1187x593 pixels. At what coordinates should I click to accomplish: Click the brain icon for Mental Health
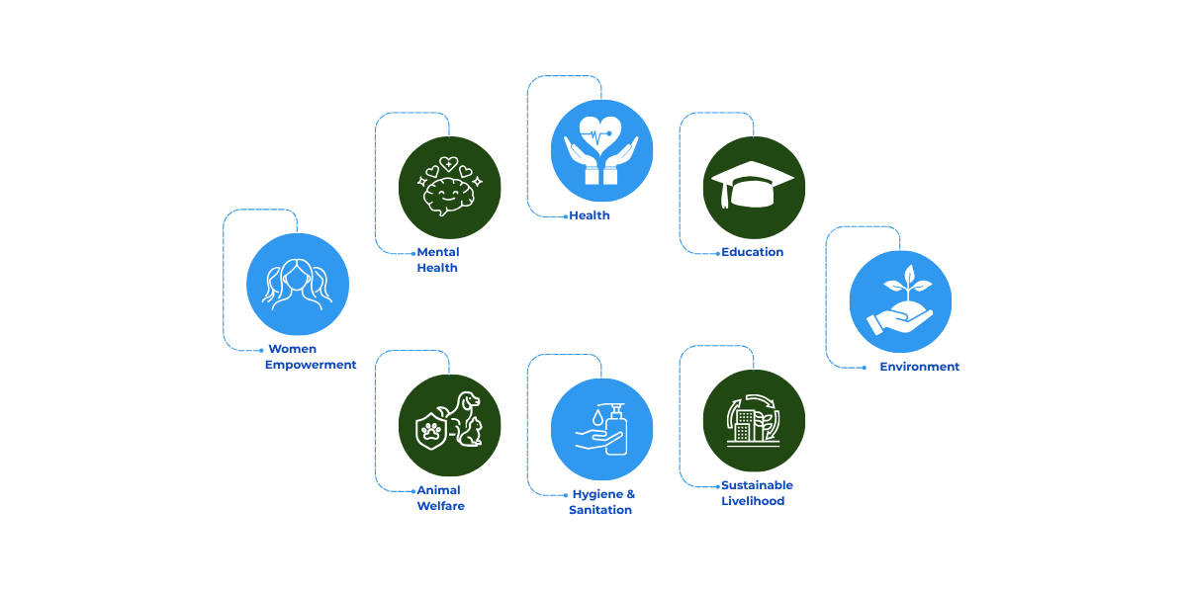(x=450, y=187)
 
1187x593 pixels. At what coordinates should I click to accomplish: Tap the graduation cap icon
(x=754, y=186)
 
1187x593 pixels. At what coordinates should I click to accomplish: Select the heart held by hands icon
(x=601, y=150)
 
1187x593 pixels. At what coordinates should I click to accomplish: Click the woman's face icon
(x=297, y=284)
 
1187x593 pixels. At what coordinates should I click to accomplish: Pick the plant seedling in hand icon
(x=900, y=300)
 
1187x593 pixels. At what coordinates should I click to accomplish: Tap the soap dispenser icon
(x=601, y=429)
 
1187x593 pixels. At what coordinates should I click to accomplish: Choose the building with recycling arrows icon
(x=754, y=420)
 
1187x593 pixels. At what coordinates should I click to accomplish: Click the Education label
(x=752, y=252)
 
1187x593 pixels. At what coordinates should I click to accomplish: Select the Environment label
(x=919, y=367)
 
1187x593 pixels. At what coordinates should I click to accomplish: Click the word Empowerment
(x=311, y=365)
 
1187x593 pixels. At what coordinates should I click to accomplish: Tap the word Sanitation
(x=599, y=510)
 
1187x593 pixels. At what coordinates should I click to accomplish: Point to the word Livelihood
(x=752, y=501)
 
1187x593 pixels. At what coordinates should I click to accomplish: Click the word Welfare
(x=440, y=506)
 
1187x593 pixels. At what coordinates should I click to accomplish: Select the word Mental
(x=437, y=252)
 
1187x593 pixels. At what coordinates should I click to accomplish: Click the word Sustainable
(x=757, y=485)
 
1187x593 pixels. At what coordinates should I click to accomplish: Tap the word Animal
(x=438, y=490)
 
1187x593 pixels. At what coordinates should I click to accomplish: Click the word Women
(x=292, y=349)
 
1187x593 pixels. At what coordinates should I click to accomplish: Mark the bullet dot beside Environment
(x=866, y=367)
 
